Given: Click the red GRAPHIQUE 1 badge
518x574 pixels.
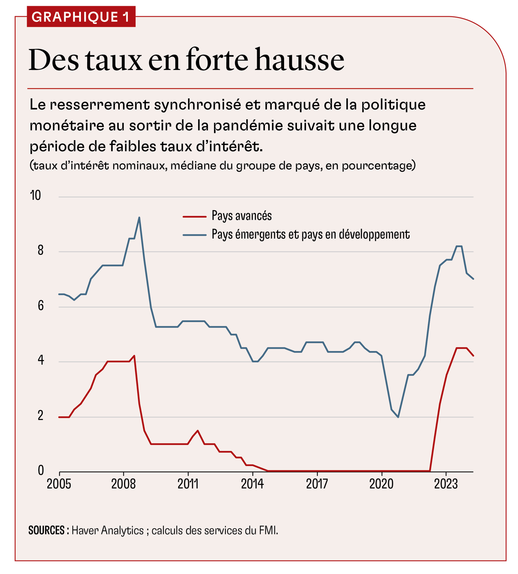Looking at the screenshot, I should [81, 17].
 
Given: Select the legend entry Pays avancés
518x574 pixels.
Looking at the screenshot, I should [241, 216].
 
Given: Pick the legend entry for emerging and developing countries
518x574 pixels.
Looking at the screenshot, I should [310, 234].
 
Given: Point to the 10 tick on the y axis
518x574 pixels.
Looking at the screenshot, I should [36, 195].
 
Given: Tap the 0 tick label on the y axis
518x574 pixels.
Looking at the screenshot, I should [41, 471].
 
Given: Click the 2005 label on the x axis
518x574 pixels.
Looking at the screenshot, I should [59, 484].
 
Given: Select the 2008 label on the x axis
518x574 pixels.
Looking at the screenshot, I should [124, 484].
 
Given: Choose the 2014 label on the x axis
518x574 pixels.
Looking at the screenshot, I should [252, 484].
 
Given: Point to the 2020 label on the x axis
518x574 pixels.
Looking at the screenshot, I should [381, 484].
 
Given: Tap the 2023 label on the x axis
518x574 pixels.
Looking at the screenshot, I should [445, 484].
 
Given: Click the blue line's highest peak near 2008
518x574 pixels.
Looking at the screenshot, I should [139, 217].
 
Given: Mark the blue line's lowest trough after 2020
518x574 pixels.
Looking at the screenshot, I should [398, 417].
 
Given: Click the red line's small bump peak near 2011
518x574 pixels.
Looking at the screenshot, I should [198, 431].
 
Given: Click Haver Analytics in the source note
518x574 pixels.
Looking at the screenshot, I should [108, 531].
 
